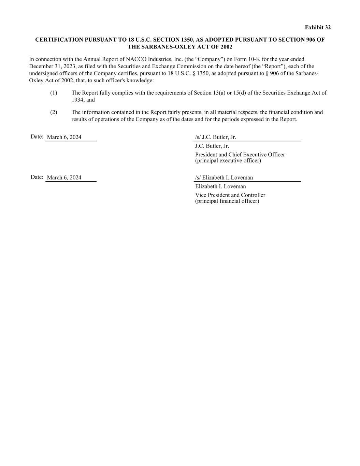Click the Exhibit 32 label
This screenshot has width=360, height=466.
pyautogui.click(x=317, y=27)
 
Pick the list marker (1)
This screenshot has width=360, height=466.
pyautogui.click(x=54, y=93)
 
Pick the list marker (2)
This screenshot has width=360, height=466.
pyautogui.click(x=54, y=112)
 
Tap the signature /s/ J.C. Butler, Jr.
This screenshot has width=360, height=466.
pyautogui.click(x=215, y=137)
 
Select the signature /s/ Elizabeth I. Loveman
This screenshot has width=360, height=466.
pyautogui.click(x=224, y=178)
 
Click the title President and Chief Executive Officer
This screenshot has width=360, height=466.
pyautogui.click(x=240, y=155)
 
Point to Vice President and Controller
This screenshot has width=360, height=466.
pyautogui.click(x=230, y=195)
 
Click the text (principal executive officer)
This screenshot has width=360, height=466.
pyautogui.click(x=228, y=160)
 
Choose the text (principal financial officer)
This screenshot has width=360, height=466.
pyautogui.click(x=227, y=201)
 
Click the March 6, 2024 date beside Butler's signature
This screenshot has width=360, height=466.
pyautogui.click(x=64, y=137)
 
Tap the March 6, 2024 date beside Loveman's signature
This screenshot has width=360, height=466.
pyautogui.click(x=64, y=178)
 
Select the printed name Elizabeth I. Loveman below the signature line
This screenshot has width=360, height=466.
pyautogui.click(x=220, y=186)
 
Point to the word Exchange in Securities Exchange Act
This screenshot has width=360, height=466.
pyautogui.click(x=299, y=93)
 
